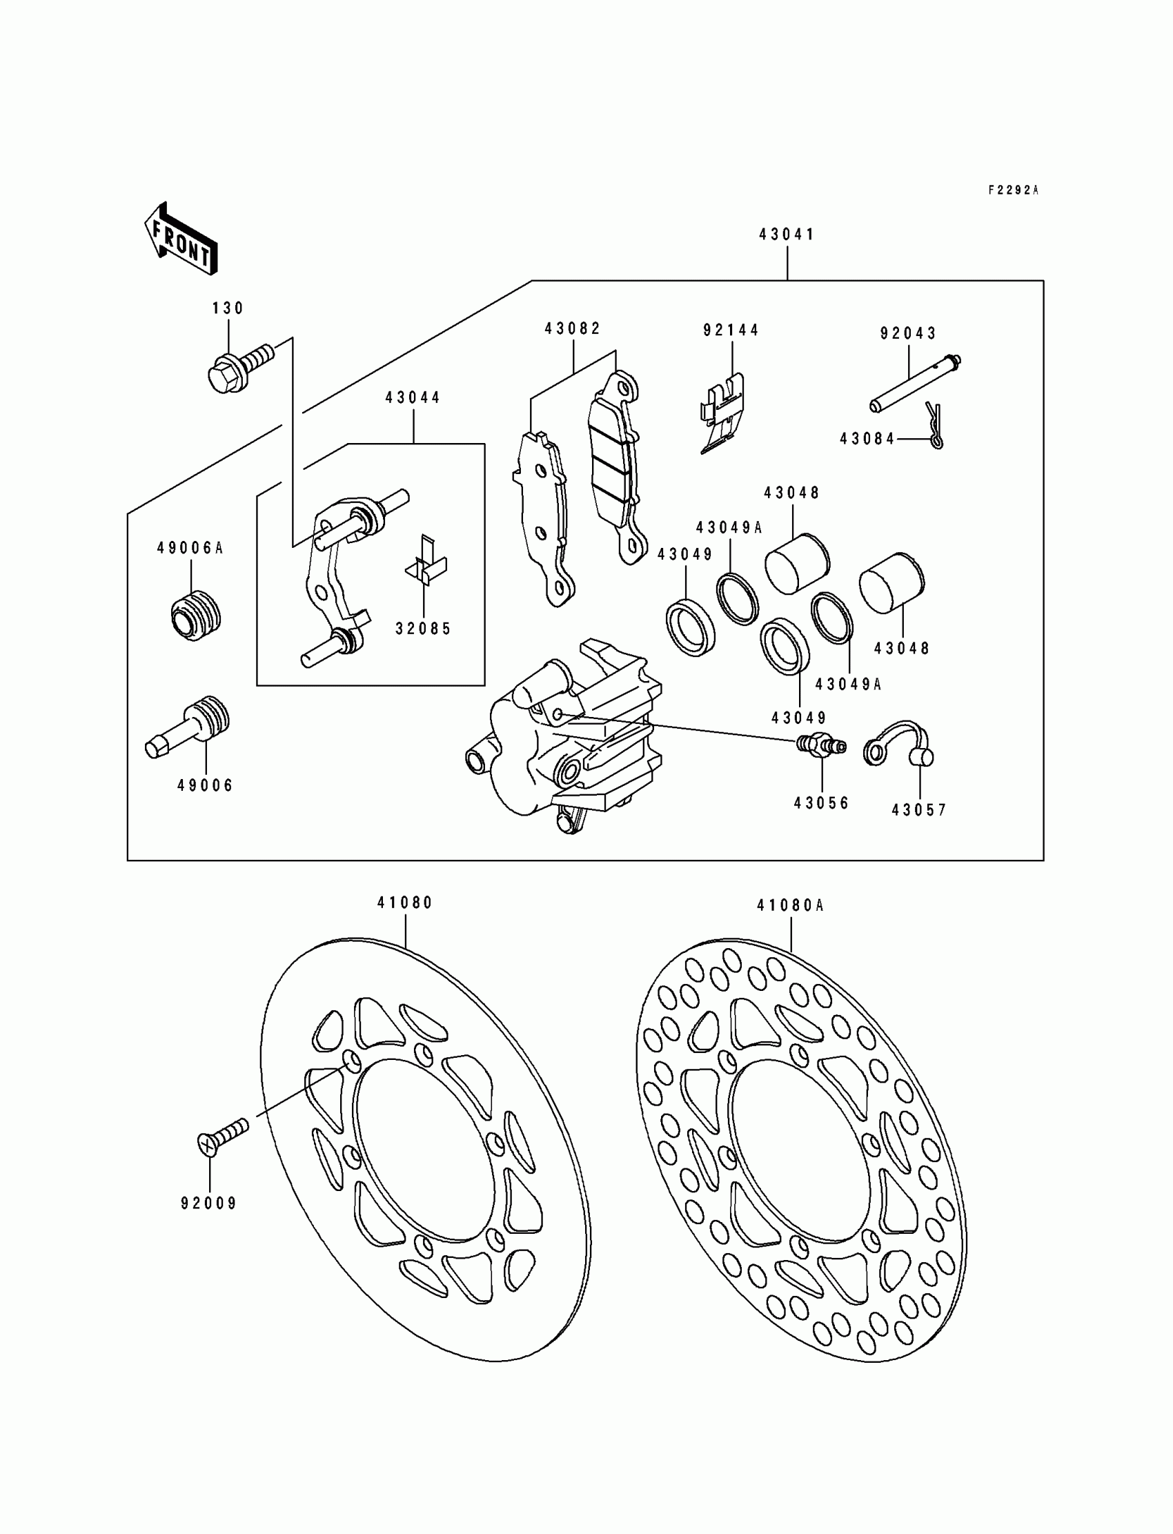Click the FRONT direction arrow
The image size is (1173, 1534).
[x=181, y=239]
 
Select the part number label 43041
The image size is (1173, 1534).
[x=787, y=235]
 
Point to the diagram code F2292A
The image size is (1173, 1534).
[x=1013, y=190]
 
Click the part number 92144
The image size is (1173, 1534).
[x=730, y=331]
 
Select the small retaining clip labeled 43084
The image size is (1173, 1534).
[x=934, y=425]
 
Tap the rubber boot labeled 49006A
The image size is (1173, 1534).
[x=195, y=615]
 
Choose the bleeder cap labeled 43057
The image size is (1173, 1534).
[x=900, y=745]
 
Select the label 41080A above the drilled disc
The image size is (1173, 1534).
[x=789, y=905]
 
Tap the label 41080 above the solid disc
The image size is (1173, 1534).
[x=405, y=903]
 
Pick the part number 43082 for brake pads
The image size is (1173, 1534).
[x=573, y=329]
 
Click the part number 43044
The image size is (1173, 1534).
[x=413, y=398]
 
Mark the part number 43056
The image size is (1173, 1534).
[x=821, y=803]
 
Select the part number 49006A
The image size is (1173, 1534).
[x=189, y=548]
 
